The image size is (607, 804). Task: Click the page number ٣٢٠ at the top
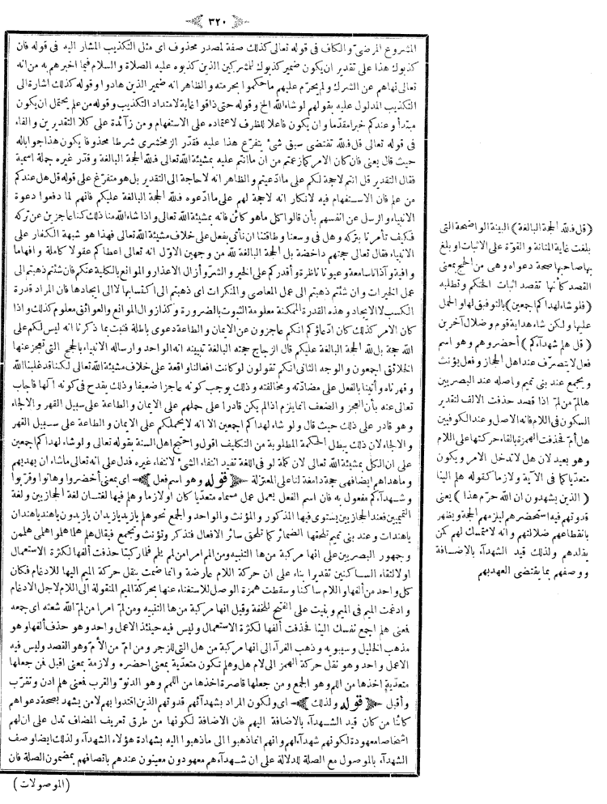305,17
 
